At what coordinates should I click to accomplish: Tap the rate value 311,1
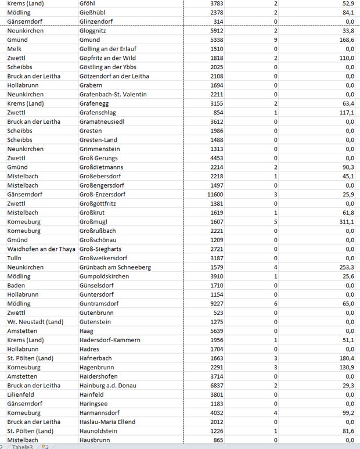tap(344, 221)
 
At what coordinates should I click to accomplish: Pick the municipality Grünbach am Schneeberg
tap(115, 267)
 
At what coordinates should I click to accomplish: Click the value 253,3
tap(344, 267)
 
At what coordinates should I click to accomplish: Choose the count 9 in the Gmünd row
tap(275, 40)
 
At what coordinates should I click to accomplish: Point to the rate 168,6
tap(344, 40)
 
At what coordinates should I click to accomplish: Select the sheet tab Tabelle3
tap(23, 446)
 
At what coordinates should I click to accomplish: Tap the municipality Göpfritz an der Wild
tap(111, 58)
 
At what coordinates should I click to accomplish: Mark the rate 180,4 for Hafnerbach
tap(344, 358)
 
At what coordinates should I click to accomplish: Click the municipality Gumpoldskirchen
tap(105, 276)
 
